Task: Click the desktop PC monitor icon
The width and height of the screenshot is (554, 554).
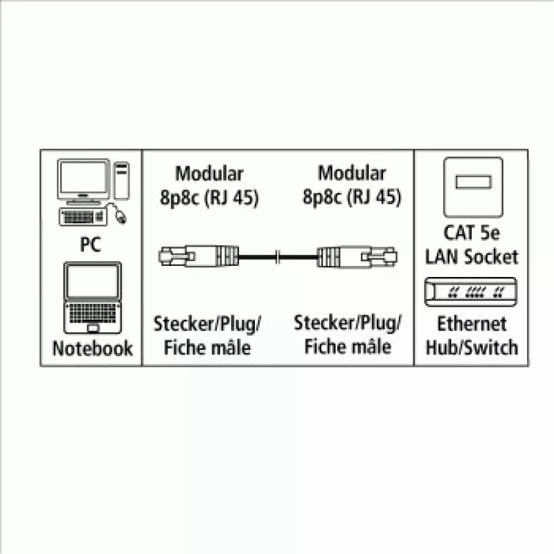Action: click(84, 181)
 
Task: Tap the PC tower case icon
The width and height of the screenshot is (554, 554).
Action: click(122, 181)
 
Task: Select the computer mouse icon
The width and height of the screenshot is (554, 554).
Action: click(120, 217)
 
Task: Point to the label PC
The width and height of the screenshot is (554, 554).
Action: click(91, 244)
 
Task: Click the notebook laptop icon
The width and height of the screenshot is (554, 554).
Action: click(93, 298)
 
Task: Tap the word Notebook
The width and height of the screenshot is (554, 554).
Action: click(93, 348)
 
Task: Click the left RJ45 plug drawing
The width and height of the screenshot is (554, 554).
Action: click(198, 256)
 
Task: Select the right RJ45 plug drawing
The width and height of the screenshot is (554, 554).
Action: click(357, 256)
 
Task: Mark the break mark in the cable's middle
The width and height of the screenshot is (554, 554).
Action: click(278, 257)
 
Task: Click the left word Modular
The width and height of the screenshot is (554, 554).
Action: click(209, 174)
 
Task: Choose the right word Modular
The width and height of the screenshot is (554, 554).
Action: click(352, 173)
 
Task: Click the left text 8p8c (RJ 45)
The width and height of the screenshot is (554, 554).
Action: click(209, 197)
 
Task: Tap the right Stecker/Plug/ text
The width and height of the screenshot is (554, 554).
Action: click(348, 323)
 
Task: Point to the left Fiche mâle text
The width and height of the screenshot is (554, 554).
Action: click(207, 348)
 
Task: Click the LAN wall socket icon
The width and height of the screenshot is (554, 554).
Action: click(473, 187)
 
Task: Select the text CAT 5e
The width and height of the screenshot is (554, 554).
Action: click(472, 233)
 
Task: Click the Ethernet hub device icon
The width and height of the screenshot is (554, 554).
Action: click(471, 292)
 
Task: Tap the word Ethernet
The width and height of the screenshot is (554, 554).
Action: click(472, 323)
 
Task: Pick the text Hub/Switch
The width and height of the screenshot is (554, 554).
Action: click(472, 348)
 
